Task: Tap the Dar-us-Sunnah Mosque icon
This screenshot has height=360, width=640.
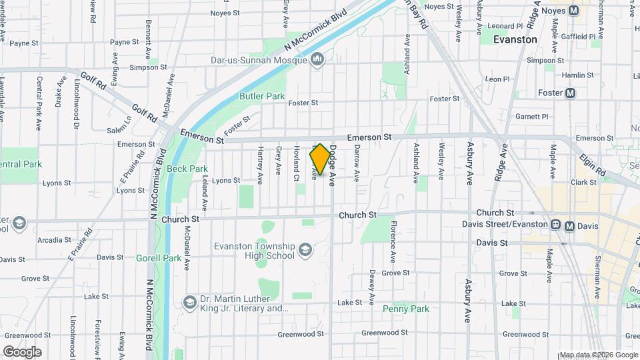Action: tap(317, 61)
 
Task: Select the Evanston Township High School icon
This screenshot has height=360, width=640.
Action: tap(305, 251)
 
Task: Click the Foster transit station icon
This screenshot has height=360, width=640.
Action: tap(571, 93)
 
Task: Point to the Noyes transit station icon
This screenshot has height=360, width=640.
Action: tap(573, 10)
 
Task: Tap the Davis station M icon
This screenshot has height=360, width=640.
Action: tap(569, 226)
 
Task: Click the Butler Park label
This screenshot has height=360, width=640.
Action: tap(262, 96)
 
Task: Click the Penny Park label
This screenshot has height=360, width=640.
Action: tap(406, 309)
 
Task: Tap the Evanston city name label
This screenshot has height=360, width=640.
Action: tap(515, 40)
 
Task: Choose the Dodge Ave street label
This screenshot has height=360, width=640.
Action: tap(331, 165)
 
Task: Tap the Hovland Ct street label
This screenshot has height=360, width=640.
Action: tap(295, 164)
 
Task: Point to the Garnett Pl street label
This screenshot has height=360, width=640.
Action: tap(532, 117)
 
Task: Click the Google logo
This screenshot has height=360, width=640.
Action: tap(22, 351)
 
